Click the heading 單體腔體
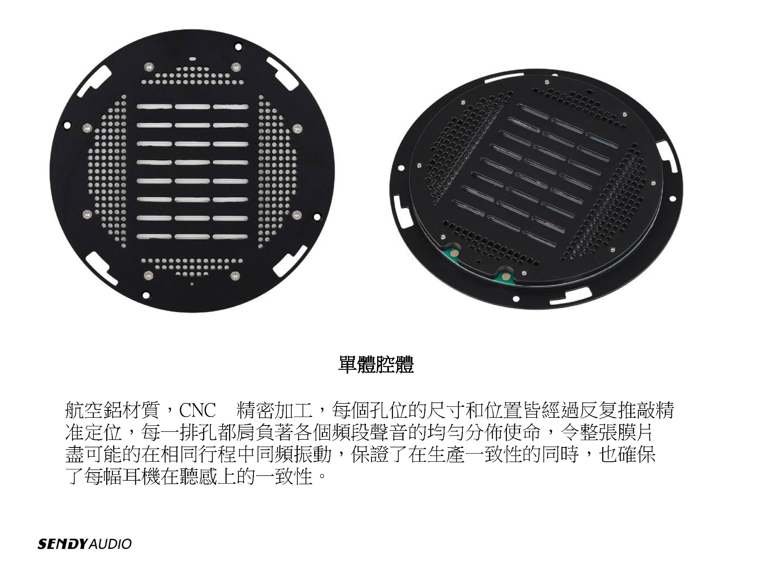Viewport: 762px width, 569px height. click(376, 365)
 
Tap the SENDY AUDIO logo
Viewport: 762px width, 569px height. click(85, 544)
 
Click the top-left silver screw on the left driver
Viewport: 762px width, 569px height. click(149, 66)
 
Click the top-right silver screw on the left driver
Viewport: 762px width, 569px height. click(235, 67)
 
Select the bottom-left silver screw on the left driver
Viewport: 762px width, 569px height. click(148, 276)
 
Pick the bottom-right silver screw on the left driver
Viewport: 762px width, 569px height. click(235, 276)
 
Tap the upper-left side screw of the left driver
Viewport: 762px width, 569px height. click(87, 128)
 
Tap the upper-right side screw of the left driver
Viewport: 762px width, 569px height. click(297, 129)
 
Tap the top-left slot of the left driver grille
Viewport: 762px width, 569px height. click(154, 107)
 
